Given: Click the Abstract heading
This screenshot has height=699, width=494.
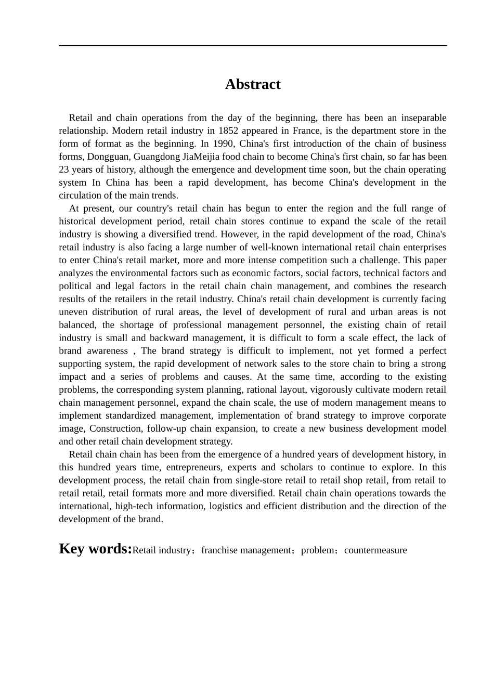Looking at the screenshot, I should (x=253, y=84).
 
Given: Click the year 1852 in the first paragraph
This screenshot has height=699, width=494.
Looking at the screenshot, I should (x=228, y=131).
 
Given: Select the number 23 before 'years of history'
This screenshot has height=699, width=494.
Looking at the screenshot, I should (x=64, y=170).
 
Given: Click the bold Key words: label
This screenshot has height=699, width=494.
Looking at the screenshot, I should (x=95, y=549).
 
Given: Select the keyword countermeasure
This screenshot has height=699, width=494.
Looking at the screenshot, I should (x=375, y=550).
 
